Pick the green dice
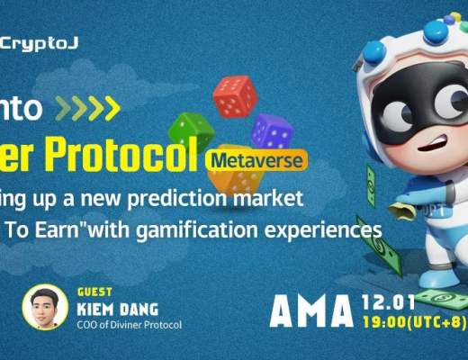pyautogui.click(x=189, y=131)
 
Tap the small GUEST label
pyautogui.click(x=93, y=292)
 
